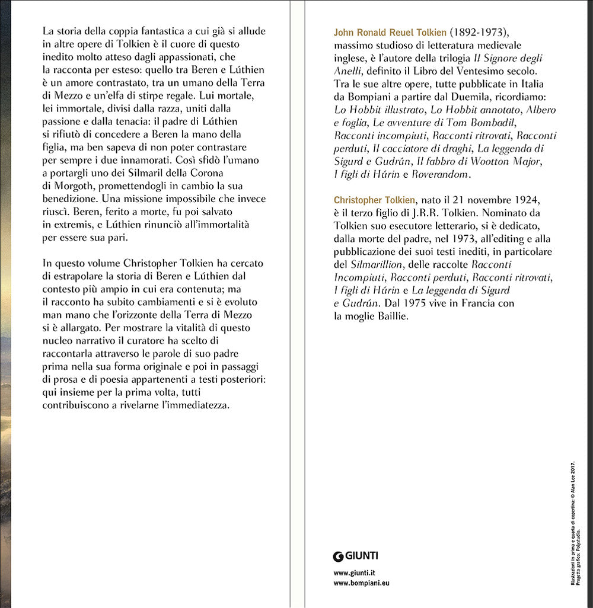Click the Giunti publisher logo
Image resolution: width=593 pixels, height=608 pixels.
pyautogui.click(x=356, y=556)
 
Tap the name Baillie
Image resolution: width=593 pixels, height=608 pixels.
pyautogui.click(x=391, y=316)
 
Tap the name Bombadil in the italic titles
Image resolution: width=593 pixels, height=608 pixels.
pyautogui.click(x=513, y=123)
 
